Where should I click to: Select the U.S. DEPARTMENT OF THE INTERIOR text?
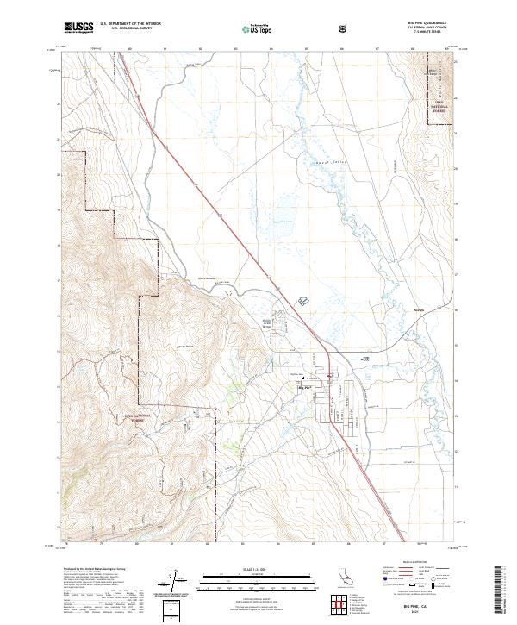[x=129, y=24]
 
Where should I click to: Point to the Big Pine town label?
[x=303, y=387]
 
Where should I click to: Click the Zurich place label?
[x=420, y=307]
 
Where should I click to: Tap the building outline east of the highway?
[x=303, y=300]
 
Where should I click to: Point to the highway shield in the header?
[x=346, y=28]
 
